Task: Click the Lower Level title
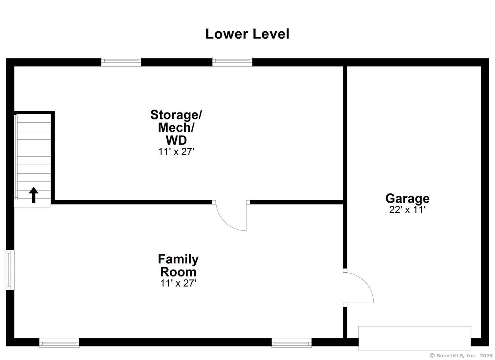click(x=247, y=34)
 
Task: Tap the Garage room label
click(x=407, y=198)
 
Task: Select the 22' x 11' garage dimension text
click(x=407, y=210)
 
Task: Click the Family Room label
click(x=178, y=265)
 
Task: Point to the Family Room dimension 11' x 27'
click(x=178, y=283)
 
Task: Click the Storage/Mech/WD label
click(x=176, y=127)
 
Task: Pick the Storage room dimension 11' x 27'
click(x=176, y=152)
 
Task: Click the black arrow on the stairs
click(x=34, y=195)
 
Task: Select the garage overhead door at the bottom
click(x=415, y=338)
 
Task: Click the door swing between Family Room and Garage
click(x=358, y=287)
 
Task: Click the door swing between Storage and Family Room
click(x=231, y=216)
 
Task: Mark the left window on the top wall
click(x=121, y=62)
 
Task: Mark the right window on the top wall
click(x=232, y=62)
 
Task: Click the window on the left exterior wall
click(x=10, y=270)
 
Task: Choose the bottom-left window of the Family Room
click(x=59, y=343)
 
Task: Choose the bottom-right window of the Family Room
click(x=291, y=343)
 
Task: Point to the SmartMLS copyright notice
click(x=461, y=355)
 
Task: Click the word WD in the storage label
click(x=176, y=140)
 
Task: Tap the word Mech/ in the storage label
click(x=176, y=127)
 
